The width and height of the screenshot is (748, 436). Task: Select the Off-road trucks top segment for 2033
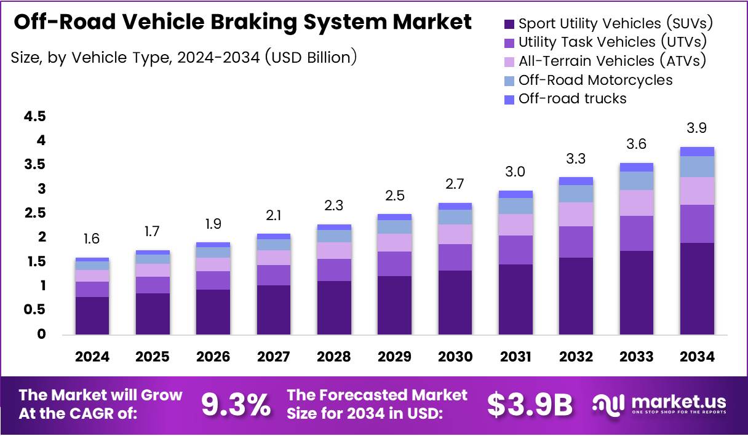pyautogui.click(x=637, y=167)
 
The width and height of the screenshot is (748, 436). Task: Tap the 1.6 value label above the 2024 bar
pyautogui.click(x=92, y=239)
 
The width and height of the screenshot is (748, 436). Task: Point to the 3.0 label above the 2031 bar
pyautogui.click(x=515, y=172)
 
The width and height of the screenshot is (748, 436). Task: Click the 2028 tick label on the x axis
pyautogui.click(x=334, y=357)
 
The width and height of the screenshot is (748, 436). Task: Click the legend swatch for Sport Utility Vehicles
pyautogui.click(x=509, y=25)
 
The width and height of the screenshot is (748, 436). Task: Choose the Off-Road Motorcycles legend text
pyautogui.click(x=595, y=80)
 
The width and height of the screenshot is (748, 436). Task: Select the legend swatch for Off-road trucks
pyautogui.click(x=509, y=99)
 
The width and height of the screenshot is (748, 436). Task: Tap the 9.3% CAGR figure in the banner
pyautogui.click(x=236, y=404)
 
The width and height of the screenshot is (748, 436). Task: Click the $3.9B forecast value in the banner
pyautogui.click(x=530, y=404)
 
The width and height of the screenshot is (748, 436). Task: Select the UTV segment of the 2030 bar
pyautogui.click(x=455, y=257)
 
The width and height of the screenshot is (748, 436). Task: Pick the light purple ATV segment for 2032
pyautogui.click(x=576, y=214)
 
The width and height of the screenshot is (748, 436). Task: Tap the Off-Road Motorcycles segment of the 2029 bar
pyautogui.click(x=394, y=227)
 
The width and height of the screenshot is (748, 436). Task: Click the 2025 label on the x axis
pyautogui.click(x=153, y=357)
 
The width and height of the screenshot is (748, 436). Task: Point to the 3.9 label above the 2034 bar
pyautogui.click(x=697, y=128)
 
